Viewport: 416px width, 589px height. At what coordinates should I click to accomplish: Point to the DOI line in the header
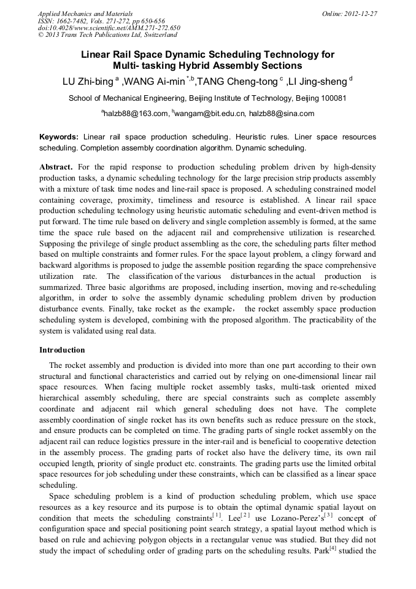click(x=109, y=28)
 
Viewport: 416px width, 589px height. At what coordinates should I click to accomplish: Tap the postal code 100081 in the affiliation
click(x=334, y=98)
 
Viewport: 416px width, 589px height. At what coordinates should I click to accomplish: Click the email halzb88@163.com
click(x=136, y=114)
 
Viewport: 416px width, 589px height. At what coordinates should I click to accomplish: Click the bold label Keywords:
click(x=59, y=136)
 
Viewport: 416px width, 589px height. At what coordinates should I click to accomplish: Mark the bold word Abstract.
click(x=56, y=167)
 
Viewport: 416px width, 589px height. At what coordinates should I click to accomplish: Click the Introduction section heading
click(x=62, y=350)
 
